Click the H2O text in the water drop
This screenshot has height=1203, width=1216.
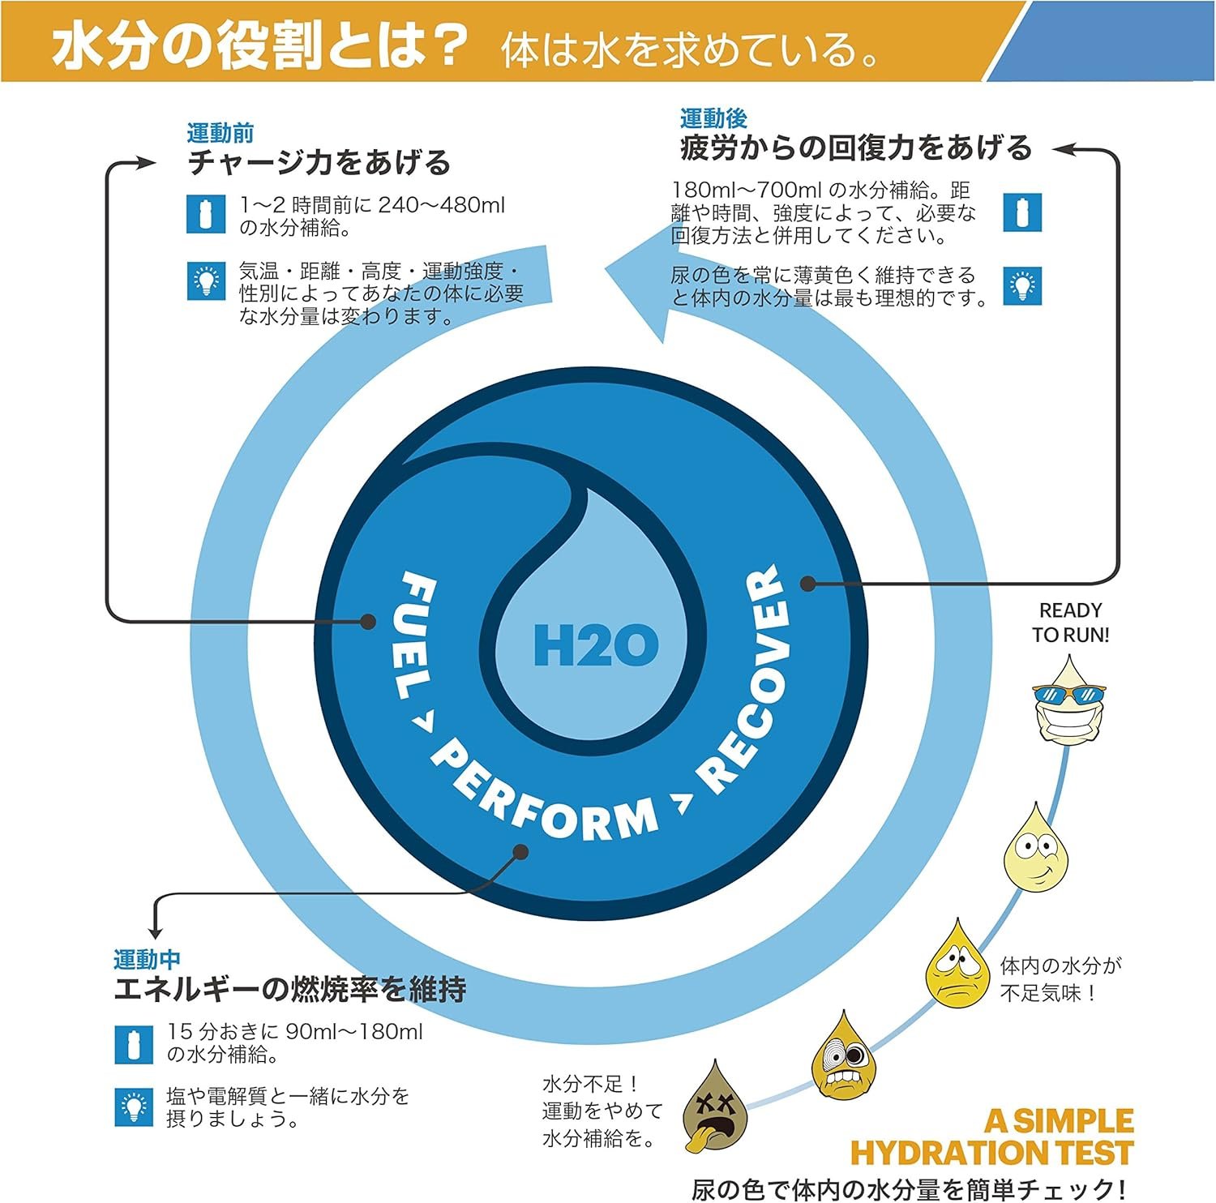pos(596,645)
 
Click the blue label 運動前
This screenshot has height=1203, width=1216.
pos(220,133)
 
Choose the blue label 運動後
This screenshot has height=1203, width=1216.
pos(713,118)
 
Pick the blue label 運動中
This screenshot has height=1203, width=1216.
pos(147,960)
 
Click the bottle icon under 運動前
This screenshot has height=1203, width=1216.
pos(206,215)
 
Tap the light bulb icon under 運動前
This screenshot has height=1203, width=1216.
pos(206,281)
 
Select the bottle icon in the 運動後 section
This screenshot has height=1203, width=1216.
pos(1022,212)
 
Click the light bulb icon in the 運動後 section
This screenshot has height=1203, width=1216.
pos(1022,285)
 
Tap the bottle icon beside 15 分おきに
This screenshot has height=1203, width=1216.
pos(134,1044)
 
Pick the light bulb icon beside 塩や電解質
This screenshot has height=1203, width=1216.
pos(134,1107)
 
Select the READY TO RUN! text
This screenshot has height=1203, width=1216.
pos(1070,623)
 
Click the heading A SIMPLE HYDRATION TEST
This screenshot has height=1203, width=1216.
pos(992,1137)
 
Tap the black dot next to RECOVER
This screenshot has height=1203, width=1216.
pos(807,583)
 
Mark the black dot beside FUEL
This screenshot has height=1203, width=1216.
pos(368,622)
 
